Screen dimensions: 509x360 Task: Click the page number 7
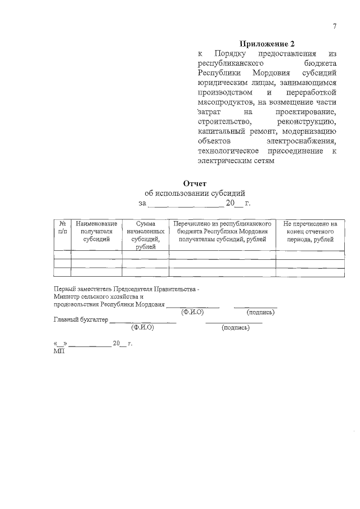[x=335, y=26]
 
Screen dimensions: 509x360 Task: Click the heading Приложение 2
[x=267, y=44]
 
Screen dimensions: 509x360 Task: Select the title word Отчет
[x=195, y=183]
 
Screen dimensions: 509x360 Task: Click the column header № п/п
[x=62, y=227]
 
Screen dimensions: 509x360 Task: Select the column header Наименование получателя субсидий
[x=96, y=231]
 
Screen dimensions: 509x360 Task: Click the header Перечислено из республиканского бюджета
[x=222, y=231]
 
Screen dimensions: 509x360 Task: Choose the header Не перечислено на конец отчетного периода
[x=310, y=231]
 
